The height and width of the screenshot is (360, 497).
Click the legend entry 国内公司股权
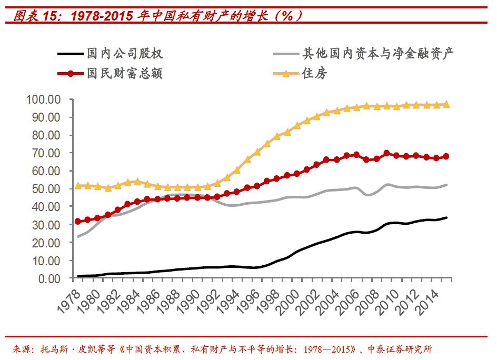pos(125,53)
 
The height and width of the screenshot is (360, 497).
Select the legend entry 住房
pos(314,73)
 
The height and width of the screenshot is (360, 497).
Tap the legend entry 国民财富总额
pos(125,73)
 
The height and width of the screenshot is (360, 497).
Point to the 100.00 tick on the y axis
pos(46,99)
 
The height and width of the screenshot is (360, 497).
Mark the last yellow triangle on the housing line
pos(446,104)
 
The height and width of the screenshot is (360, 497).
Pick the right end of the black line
pos(447,217)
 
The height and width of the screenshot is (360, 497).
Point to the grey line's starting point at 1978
pos(78,236)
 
